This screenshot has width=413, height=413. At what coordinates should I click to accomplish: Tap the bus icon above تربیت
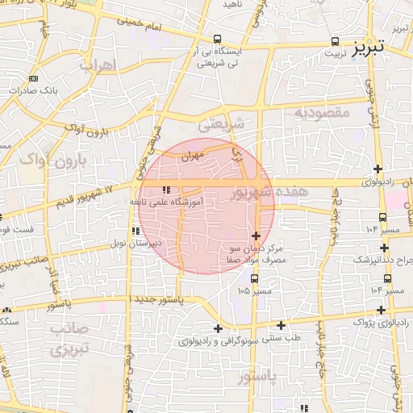point(335,40)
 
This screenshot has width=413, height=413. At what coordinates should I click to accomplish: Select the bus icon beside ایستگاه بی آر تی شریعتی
point(217,39)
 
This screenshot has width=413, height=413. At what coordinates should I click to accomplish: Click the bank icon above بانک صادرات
point(33,78)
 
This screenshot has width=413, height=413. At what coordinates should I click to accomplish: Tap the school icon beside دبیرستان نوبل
point(136,232)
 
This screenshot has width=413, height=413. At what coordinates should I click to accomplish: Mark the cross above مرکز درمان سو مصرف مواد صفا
point(257,236)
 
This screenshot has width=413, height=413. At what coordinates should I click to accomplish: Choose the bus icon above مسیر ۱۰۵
point(255,278)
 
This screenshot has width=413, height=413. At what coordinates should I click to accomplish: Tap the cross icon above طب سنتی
point(281,325)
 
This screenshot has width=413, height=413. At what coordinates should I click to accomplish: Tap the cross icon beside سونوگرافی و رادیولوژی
point(218,328)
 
